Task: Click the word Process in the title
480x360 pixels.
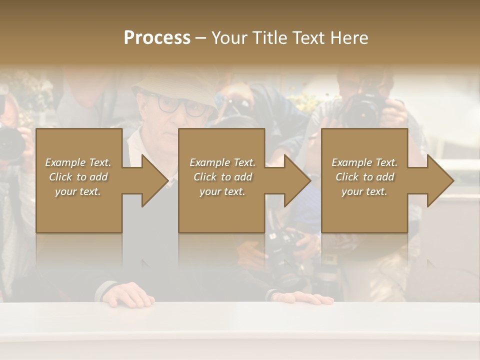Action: click(157, 38)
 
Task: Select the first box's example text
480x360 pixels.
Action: click(78, 177)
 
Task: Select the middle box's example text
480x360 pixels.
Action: click(222, 177)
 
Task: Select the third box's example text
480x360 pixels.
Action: click(364, 177)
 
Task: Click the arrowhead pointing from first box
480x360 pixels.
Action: click(152, 180)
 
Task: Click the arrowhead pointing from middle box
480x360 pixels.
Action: click(295, 180)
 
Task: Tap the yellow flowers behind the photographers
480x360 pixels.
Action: click(306, 100)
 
